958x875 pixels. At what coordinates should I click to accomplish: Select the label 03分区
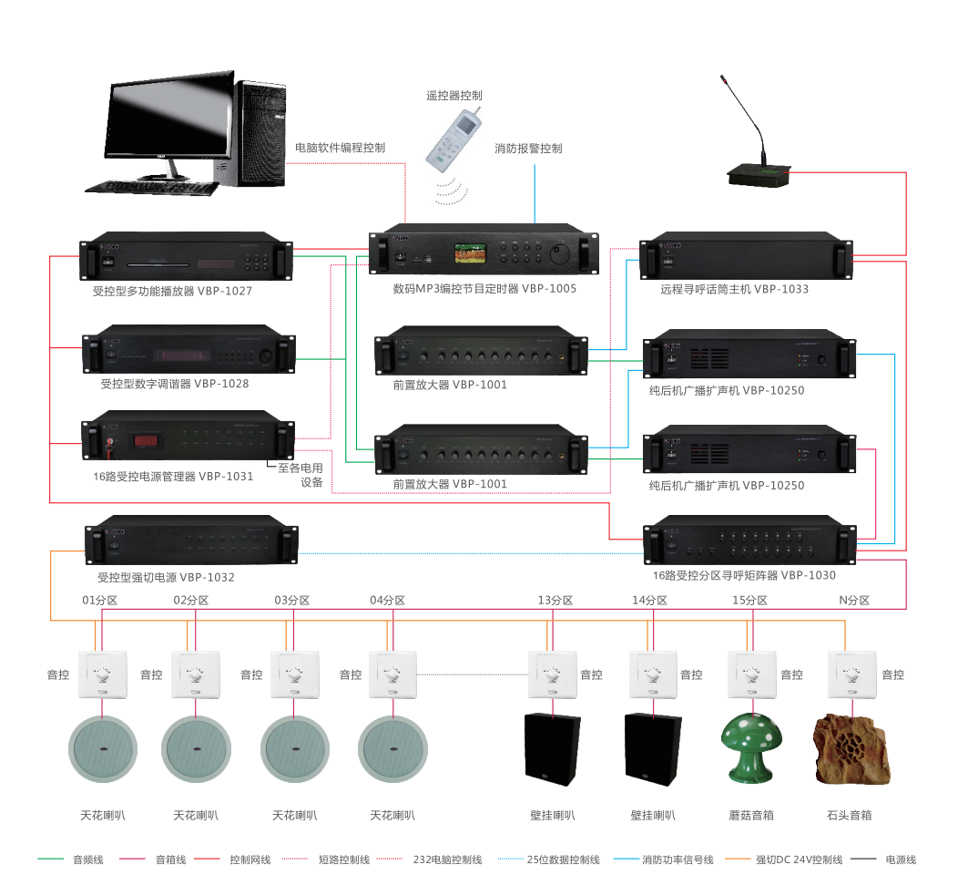[x=292, y=601]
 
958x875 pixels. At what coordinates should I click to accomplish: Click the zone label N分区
[x=853, y=601]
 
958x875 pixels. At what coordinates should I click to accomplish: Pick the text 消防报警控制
[x=528, y=148]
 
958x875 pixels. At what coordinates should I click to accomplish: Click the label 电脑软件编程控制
[x=340, y=148]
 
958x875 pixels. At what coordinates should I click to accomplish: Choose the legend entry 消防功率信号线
[x=678, y=860]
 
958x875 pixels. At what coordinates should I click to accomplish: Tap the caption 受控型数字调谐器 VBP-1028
[x=175, y=384]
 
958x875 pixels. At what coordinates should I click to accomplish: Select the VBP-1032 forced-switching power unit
[x=191, y=544]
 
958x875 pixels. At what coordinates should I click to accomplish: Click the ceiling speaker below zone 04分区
[x=392, y=746]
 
